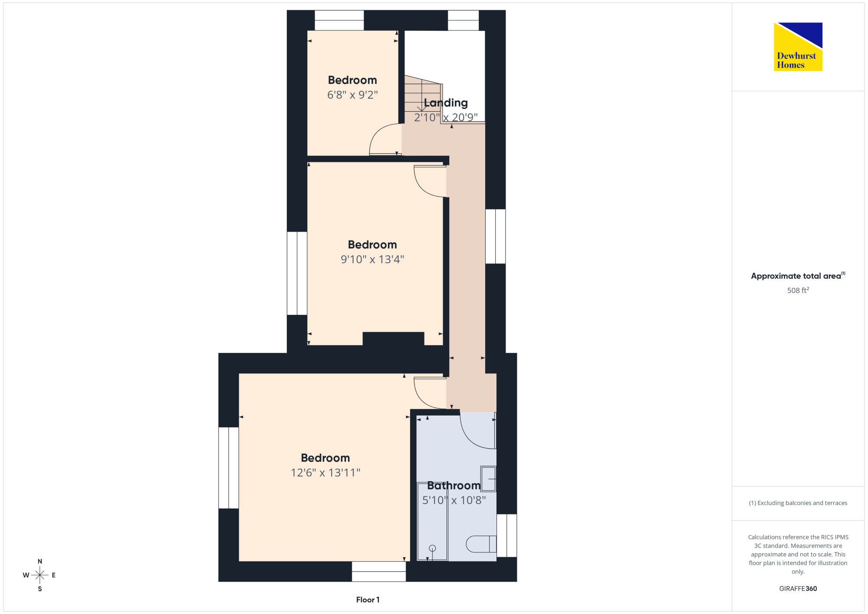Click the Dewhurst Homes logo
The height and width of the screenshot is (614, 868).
(798, 47)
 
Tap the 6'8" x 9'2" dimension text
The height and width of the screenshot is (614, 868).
(352, 95)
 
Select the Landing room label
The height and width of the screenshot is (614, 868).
(446, 103)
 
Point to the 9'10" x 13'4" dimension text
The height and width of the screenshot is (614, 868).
(372, 259)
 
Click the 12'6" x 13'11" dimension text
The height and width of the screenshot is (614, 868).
(325, 472)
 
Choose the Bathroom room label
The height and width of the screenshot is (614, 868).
(454, 485)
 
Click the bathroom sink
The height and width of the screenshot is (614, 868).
(488, 479)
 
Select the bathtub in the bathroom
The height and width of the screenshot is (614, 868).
(432, 522)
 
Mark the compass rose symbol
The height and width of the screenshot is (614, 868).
(40, 575)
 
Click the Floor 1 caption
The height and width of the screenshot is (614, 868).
(368, 600)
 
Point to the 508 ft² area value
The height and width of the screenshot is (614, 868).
(798, 290)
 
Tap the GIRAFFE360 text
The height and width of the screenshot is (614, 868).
(798, 589)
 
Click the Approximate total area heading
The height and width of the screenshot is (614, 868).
(798, 276)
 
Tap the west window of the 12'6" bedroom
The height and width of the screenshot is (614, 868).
(229, 468)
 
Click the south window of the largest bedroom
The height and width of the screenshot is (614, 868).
(379, 571)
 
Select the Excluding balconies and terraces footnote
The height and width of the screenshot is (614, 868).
(798, 503)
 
